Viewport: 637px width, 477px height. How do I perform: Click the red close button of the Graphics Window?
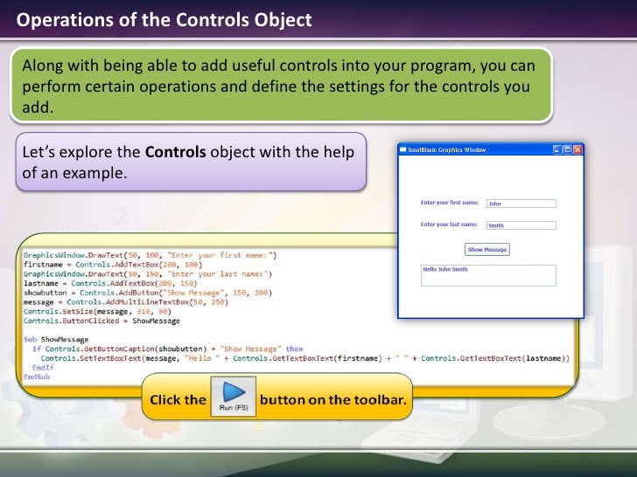[x=577, y=150]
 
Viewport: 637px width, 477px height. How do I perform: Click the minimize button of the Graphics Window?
[x=557, y=150]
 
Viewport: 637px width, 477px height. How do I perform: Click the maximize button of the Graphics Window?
[x=567, y=150]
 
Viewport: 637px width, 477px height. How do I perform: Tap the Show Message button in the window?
[x=486, y=250]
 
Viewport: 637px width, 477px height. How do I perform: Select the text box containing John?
[x=521, y=204]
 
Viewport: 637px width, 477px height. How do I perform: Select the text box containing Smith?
[x=521, y=225]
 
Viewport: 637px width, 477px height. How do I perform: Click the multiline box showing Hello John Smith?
[x=488, y=275]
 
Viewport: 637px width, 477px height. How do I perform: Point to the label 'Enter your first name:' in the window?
[x=450, y=203]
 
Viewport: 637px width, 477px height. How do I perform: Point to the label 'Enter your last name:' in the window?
[x=450, y=225]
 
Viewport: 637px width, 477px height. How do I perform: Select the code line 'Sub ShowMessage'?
[x=56, y=339]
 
